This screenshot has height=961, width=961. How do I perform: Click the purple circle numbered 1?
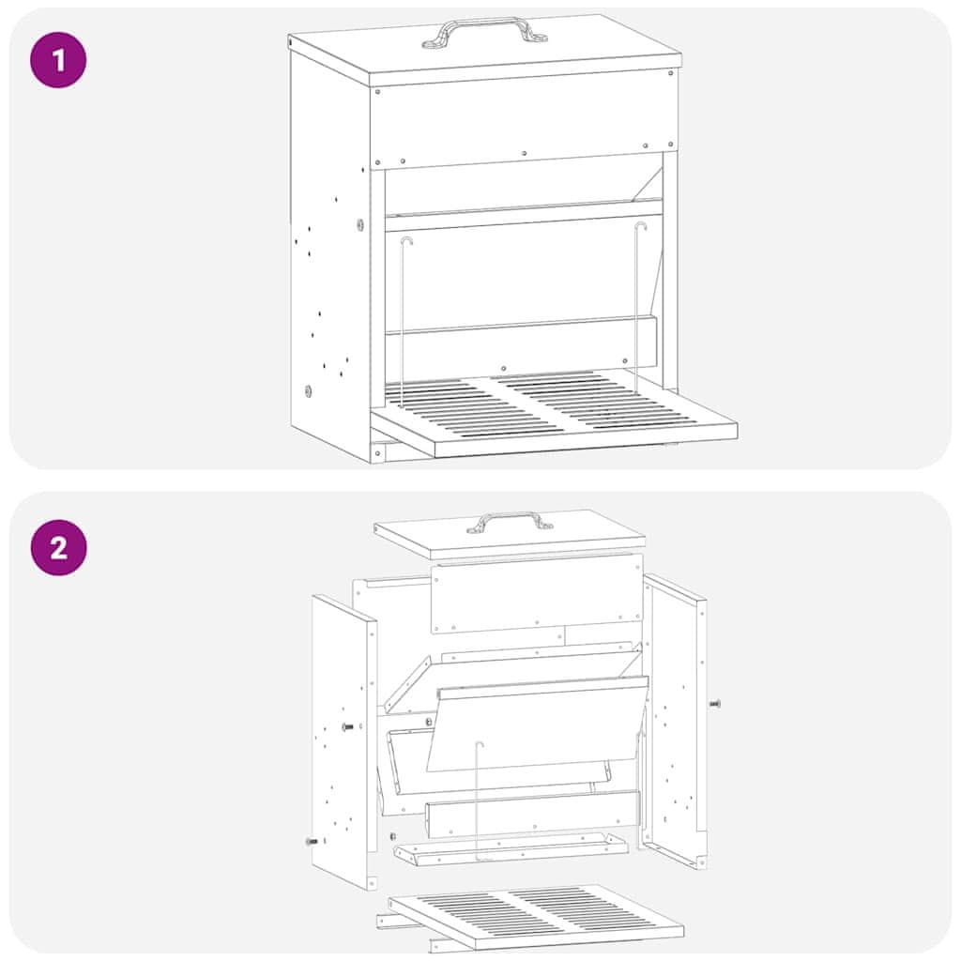tap(58, 60)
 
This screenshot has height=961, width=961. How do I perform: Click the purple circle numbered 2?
tap(59, 547)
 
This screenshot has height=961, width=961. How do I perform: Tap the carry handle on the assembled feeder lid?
tap(484, 31)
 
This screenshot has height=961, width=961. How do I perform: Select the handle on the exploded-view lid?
tap(510, 522)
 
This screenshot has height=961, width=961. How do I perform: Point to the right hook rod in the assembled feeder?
tap(637, 307)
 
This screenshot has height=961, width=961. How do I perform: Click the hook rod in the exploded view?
tap(478, 798)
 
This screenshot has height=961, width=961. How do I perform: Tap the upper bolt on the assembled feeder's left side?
tap(359, 224)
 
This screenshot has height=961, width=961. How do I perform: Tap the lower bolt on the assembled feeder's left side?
tap(308, 390)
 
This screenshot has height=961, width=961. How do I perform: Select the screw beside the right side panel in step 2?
tap(714, 704)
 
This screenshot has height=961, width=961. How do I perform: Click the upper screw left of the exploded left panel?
tap(347, 727)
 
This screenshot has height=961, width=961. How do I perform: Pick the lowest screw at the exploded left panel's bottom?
tap(312, 842)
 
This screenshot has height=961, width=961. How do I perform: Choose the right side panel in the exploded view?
tap(674, 720)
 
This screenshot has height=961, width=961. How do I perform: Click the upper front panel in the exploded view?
tap(538, 593)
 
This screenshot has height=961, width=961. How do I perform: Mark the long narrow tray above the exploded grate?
tap(511, 848)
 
